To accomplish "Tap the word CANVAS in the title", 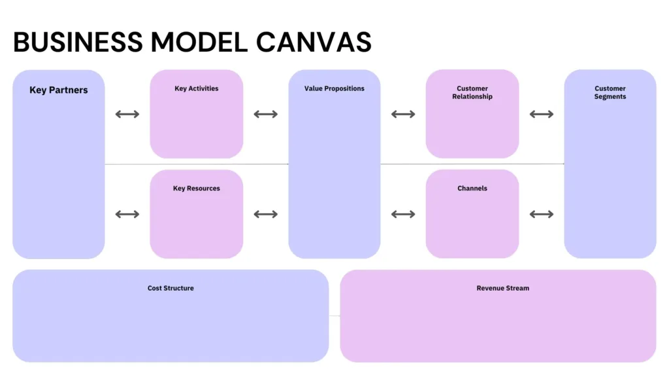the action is coord(314,42).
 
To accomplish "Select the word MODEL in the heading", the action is coord(199,42).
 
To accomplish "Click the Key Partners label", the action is coord(58,90).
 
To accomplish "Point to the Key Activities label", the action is coord(196,88).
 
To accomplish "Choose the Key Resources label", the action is coord(196,188).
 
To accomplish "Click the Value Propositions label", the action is coord(334,88).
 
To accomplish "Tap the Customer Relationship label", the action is coord(472,92).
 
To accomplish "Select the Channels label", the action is coord(472,188).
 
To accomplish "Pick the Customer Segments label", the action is coord(610,92).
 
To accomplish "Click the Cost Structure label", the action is coord(171,288).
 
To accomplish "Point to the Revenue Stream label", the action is coord(502,288).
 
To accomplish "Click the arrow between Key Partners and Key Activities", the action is coord(127,114).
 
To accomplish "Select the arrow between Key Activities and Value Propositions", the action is coord(265,114).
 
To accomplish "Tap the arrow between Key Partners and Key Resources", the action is coord(127,214).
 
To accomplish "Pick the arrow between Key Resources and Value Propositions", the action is coord(265,214).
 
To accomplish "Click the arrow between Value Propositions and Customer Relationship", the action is coord(403,114).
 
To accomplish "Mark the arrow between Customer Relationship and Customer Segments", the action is coord(542,114).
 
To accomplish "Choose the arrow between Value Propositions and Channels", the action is coord(403,214).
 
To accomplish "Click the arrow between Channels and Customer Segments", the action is coord(542,214).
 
